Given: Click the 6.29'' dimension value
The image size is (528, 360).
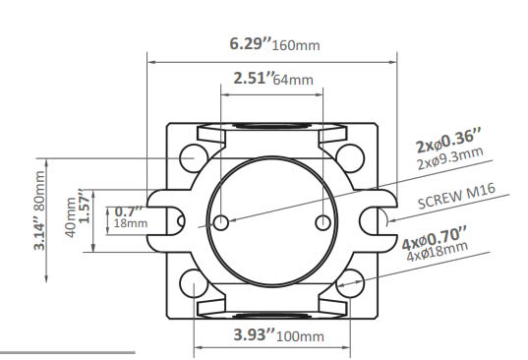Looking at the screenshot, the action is click(x=250, y=44).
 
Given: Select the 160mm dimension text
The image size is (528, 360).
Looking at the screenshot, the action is click(x=296, y=45).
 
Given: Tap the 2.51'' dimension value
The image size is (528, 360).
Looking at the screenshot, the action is click(x=255, y=78).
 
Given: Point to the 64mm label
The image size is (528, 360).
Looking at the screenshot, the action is click(x=293, y=80).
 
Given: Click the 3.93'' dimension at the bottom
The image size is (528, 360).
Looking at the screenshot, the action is click(x=255, y=334).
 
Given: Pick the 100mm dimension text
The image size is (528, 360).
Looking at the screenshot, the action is click(x=300, y=336).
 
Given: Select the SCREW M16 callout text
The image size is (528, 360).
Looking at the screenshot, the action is click(x=456, y=196).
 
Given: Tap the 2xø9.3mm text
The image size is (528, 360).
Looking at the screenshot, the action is click(x=450, y=158).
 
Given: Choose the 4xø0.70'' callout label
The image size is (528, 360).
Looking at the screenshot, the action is click(x=435, y=238).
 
